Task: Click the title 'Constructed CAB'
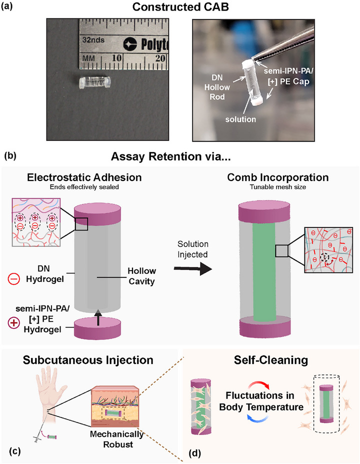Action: [180, 7]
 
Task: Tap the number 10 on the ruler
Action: [116, 57]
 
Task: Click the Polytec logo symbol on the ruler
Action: [130, 44]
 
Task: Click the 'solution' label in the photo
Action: [240, 119]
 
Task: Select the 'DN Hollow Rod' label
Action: [219, 87]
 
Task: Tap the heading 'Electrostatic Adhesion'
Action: [84, 177]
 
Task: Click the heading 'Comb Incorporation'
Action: [278, 177]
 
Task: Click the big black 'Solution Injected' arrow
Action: [193, 269]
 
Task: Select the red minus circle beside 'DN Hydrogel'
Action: [14, 278]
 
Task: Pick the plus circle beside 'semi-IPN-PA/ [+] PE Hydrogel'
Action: [13, 323]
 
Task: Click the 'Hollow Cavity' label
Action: [141, 276]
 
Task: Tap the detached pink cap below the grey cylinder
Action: [97, 328]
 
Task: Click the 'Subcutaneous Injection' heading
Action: [88, 360]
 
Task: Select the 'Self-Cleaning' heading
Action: [271, 360]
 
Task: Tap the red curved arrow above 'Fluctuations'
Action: [259, 385]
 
